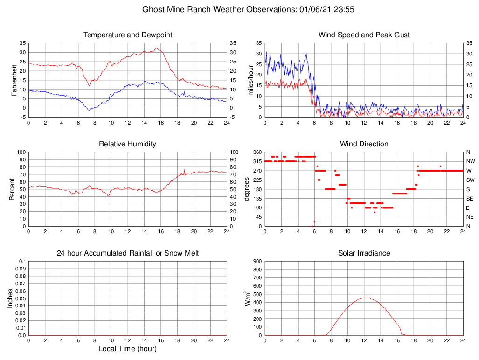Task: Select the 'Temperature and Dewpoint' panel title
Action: pyautogui.click(x=128, y=35)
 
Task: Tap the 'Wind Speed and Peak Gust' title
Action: pyautogui.click(x=364, y=35)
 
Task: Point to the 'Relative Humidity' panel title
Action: pyautogui.click(x=128, y=144)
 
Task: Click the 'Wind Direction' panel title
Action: pyautogui.click(x=364, y=144)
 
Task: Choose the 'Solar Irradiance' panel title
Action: pyautogui.click(x=364, y=253)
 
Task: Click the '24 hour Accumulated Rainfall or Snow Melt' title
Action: pyautogui.click(x=128, y=253)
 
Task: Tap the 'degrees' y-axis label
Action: pyautogui.click(x=247, y=189)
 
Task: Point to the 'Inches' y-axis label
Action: pyautogui.click(x=10, y=298)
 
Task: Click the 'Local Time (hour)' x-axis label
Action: pyautogui.click(x=128, y=349)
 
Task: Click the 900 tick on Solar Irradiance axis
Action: pyautogui.click(x=257, y=261)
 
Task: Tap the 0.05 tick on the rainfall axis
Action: pyautogui.click(x=21, y=298)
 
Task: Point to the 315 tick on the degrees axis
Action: pyautogui.click(x=256, y=161)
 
